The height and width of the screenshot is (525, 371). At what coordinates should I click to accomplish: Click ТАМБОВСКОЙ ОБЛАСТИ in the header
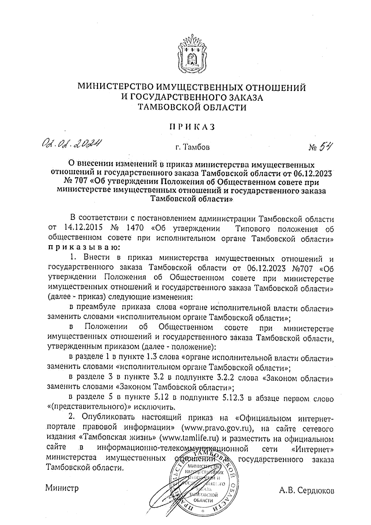(192, 107)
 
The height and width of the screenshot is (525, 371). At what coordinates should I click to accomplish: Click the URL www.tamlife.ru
(189, 438)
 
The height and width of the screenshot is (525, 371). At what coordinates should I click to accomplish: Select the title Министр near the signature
(62, 488)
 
